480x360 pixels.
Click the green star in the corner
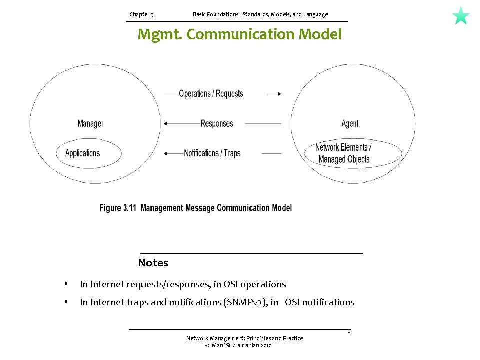pos(461,16)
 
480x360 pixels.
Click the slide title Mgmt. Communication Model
pos(239,35)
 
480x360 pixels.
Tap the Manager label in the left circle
pos(90,123)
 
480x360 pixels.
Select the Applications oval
pos(88,153)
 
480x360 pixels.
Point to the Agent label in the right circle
pos(350,124)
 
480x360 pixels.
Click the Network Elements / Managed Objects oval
pos(353,154)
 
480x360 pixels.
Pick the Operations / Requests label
pos(211,93)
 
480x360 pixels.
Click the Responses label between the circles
pos(217,123)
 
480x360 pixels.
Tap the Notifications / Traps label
pos(212,153)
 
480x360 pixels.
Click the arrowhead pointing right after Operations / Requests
pos(279,93)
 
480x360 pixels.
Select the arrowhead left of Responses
pos(166,123)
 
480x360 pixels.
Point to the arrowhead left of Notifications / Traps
pos(166,153)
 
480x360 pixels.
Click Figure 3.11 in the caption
pos(118,208)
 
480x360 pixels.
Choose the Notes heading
pos(153,263)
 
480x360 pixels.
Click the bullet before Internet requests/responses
pos(65,285)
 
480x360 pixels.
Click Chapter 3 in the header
pos(141,14)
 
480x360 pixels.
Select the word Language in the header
pos(315,14)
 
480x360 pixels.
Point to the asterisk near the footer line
pos(349,333)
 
